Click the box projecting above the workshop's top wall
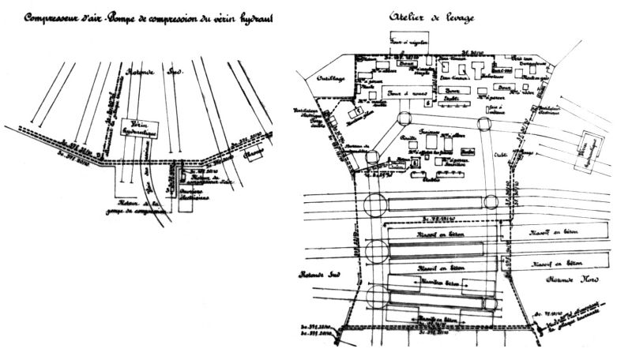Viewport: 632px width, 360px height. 409,40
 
